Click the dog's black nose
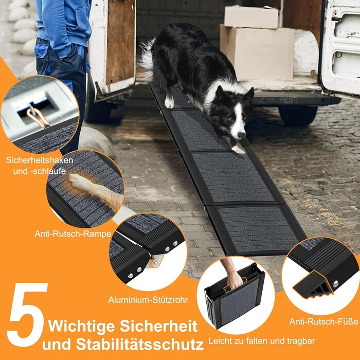(241, 135)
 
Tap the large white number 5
(27, 314)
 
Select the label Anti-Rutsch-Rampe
(73, 234)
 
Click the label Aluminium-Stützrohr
(148, 300)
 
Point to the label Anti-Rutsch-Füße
(323, 321)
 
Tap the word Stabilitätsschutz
(139, 344)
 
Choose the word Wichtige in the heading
(81, 326)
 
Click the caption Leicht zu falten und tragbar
(261, 341)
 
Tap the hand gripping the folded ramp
(234, 280)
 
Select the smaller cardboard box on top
(251, 16)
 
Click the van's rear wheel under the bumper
(298, 116)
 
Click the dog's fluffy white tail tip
(147, 55)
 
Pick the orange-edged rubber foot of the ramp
(313, 285)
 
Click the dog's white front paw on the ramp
(238, 150)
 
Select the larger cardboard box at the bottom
(257, 53)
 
